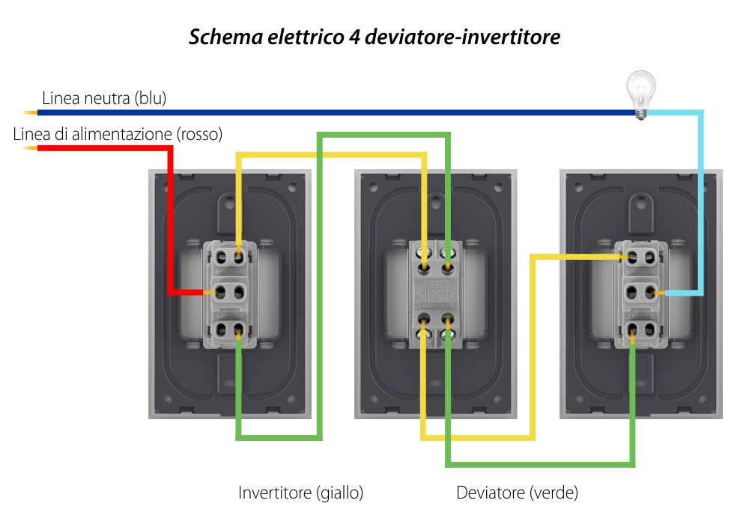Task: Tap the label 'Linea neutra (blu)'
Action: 104,98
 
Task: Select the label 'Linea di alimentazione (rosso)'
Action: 118,135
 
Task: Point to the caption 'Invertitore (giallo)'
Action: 300,493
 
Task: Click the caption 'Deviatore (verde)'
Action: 517,493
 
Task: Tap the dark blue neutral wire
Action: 337,112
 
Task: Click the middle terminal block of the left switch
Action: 231,291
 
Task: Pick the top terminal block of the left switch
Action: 231,255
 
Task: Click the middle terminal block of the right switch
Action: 641,291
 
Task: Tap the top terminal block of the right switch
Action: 641,256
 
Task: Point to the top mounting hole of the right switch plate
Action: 641,201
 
